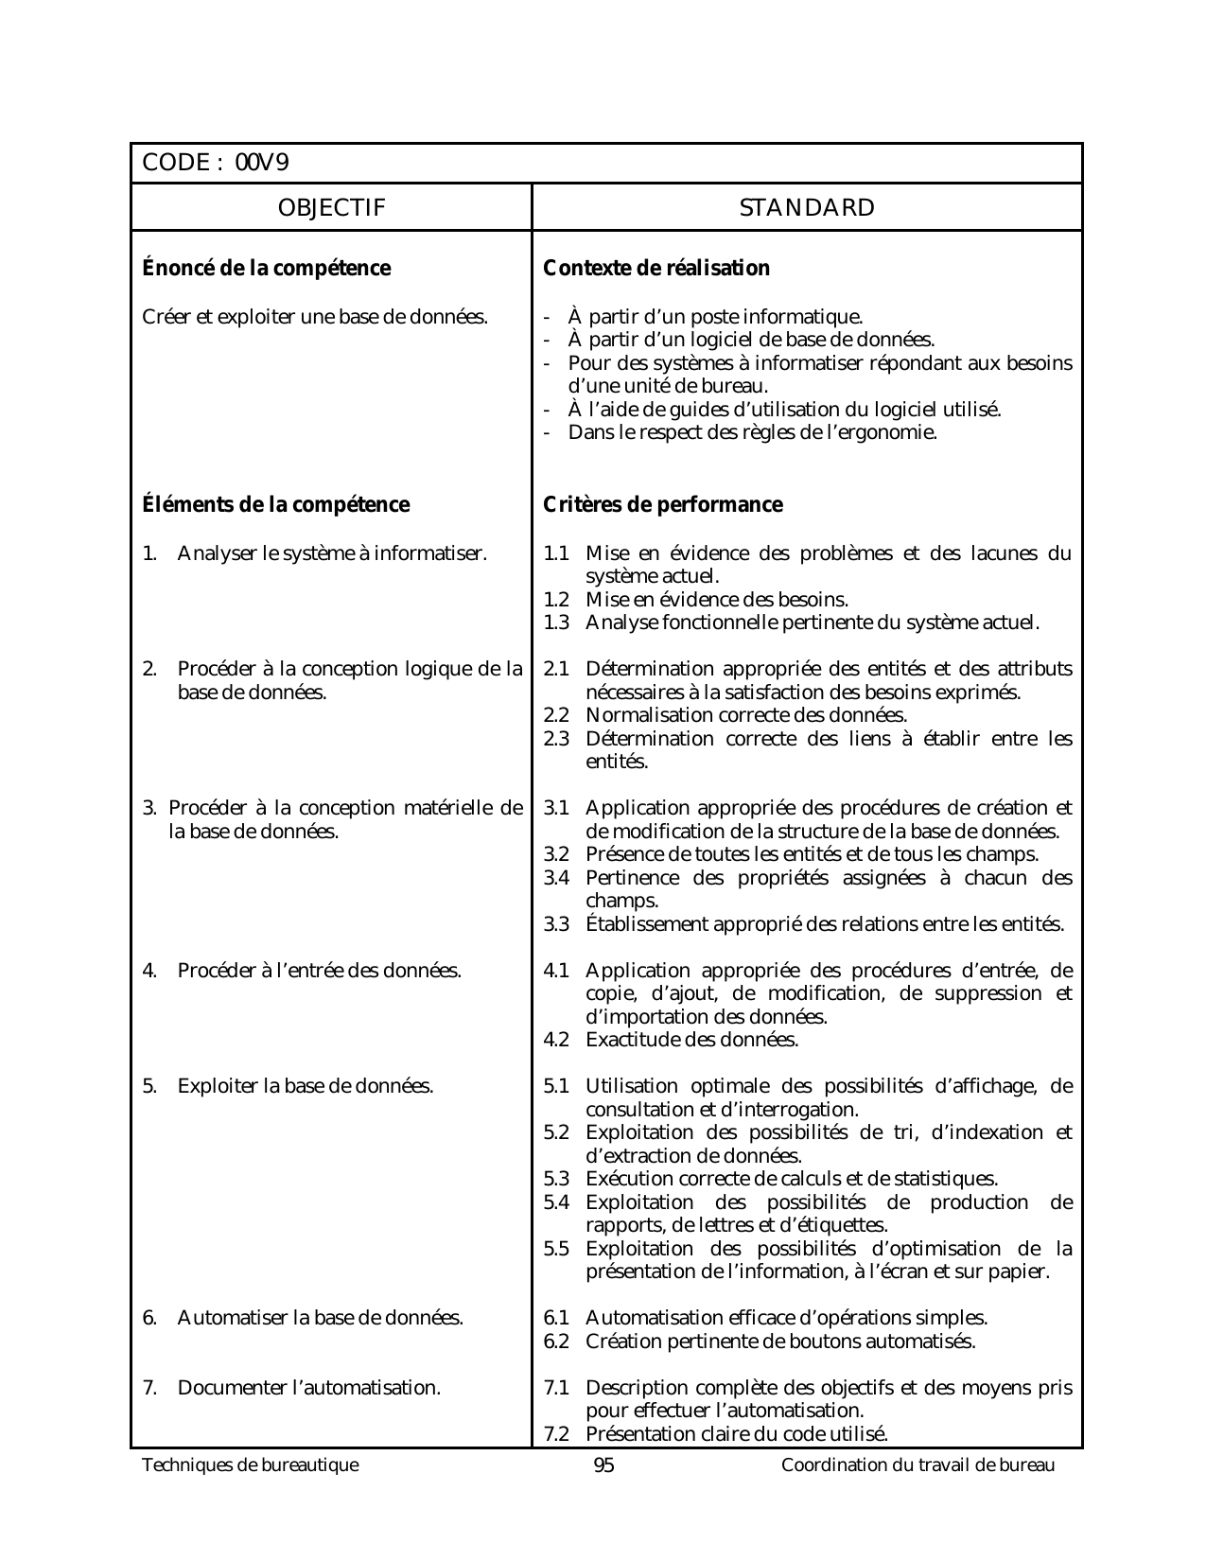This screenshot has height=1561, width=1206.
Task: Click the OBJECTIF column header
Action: point(331,208)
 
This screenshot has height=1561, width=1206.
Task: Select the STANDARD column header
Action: point(807,208)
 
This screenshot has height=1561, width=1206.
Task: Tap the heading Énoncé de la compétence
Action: point(266,269)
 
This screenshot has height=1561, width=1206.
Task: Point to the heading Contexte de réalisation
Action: point(656,269)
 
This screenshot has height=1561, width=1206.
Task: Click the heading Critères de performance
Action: point(663,505)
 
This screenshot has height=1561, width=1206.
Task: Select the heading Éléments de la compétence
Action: point(275,505)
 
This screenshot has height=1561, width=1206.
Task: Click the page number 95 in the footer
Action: point(603,1465)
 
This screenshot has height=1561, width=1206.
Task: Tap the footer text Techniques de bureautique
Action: point(251,1465)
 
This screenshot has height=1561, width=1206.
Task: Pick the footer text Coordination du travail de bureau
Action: point(918,1465)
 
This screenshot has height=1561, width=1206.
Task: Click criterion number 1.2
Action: point(556,600)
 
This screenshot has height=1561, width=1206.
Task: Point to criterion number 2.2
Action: point(556,716)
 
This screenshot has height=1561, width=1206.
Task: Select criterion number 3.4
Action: point(556,878)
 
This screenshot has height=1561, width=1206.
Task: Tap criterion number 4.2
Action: point(556,1041)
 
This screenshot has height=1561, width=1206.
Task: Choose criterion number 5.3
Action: point(556,1180)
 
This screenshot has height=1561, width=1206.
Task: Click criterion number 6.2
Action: point(556,1342)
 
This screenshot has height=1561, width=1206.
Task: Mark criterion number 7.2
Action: point(556,1434)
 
